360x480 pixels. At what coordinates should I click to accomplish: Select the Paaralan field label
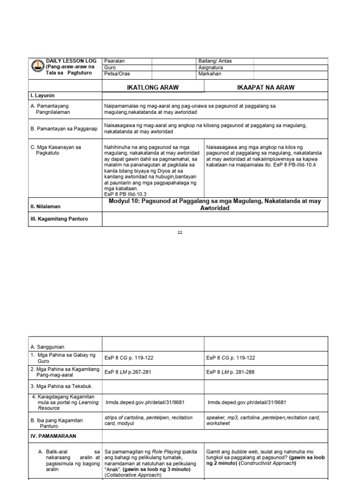[115, 61]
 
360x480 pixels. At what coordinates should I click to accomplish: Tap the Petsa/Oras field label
[117, 74]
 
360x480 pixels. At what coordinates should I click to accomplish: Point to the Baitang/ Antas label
[215, 61]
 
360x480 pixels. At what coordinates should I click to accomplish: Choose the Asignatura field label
[211, 67]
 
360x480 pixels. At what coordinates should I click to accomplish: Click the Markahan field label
[210, 74]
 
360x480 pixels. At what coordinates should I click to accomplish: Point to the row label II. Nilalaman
[45, 206]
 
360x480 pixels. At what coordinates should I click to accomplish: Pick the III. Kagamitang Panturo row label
[59, 219]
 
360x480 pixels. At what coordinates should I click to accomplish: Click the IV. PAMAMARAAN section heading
[53, 436]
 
